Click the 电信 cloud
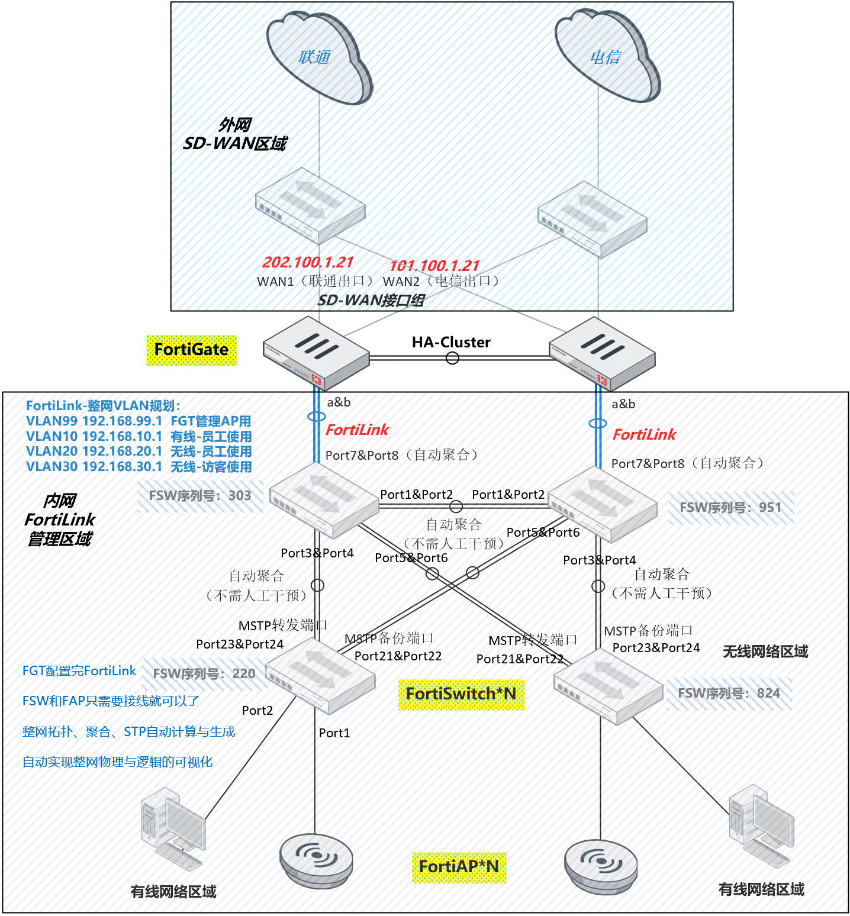click(607, 57)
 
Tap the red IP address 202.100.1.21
click(308, 262)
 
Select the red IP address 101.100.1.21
click(434, 266)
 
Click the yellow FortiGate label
click(191, 350)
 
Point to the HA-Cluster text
click(451, 342)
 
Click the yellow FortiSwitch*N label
click(461, 694)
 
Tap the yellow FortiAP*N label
click(459, 867)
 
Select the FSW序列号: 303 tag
click(200, 496)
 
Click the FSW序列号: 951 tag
click(730, 508)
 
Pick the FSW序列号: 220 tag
click(204, 674)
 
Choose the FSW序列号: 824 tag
click(729, 694)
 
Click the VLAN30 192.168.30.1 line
click(139, 467)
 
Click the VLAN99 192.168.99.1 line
click(139, 421)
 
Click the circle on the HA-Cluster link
click(452, 358)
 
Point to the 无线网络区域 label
click(765, 652)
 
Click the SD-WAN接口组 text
click(371, 301)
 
